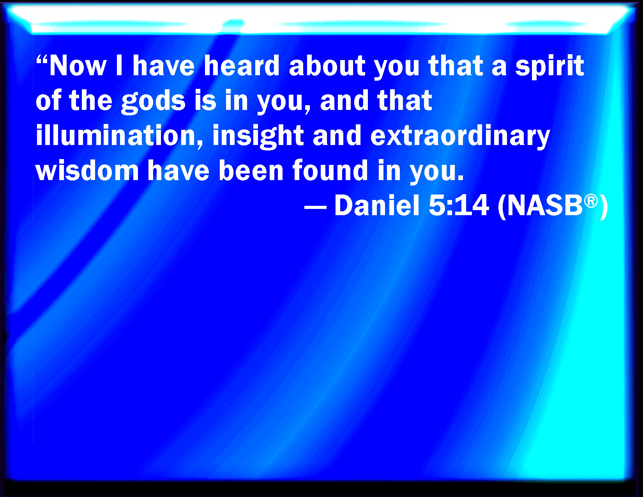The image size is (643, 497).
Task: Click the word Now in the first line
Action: [78, 65]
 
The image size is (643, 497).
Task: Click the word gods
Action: [153, 102]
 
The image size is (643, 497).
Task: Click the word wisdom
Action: [87, 170]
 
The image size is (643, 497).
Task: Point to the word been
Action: [251, 170]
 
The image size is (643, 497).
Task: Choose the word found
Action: [330, 170]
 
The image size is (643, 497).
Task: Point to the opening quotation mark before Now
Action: [42, 60]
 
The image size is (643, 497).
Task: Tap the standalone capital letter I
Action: [119, 65]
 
